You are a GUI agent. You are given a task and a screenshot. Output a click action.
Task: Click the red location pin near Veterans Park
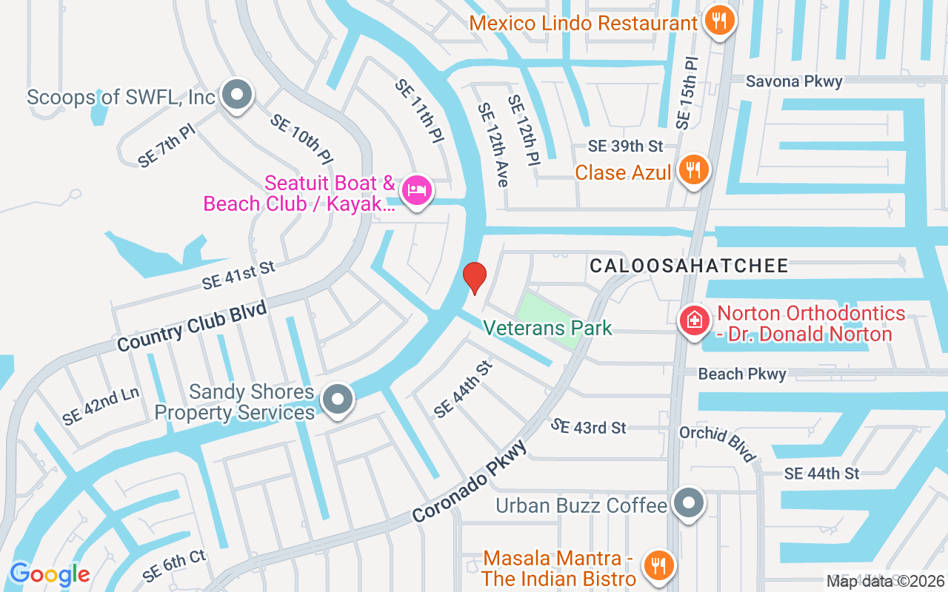click(474, 277)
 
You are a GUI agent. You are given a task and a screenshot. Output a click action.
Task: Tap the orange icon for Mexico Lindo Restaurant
click(718, 20)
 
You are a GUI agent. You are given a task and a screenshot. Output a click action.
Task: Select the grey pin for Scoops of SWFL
click(237, 95)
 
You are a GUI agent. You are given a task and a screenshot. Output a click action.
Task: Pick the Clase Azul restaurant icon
click(692, 170)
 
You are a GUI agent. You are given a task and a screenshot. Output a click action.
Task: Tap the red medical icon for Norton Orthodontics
click(695, 321)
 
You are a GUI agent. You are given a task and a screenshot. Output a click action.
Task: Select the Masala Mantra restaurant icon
click(657, 565)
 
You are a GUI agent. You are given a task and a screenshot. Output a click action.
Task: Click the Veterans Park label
click(547, 327)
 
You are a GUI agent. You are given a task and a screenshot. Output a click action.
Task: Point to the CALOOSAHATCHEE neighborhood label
click(689, 266)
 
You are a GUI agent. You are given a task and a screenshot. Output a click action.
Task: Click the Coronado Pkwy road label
click(470, 482)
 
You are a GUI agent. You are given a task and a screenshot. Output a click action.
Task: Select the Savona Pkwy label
click(794, 81)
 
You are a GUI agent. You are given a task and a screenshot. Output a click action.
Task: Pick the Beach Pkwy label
click(742, 374)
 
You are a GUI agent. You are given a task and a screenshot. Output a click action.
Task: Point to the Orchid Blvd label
click(717, 444)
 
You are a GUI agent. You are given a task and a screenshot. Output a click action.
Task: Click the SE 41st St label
click(238, 275)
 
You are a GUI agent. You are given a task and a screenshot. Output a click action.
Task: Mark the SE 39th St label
click(625, 147)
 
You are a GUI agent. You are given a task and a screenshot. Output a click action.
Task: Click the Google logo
click(50, 573)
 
